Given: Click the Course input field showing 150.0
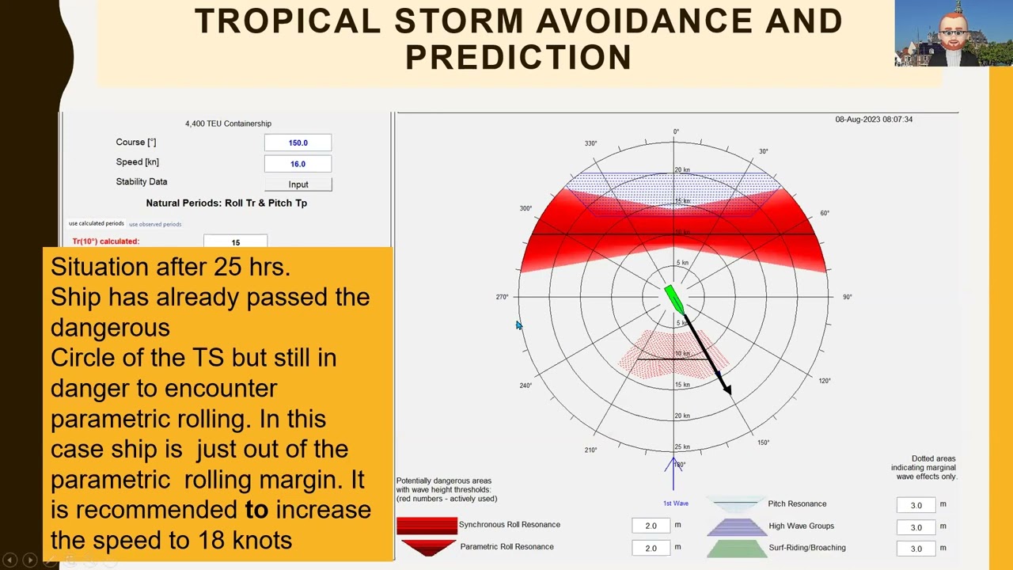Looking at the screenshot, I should click(298, 142).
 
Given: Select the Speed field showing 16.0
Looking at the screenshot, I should click(298, 164).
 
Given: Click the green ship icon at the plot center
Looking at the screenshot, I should click(674, 299).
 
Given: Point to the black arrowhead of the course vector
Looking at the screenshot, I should click(727, 389).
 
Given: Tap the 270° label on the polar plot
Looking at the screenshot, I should click(502, 297).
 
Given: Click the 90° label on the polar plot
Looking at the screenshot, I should click(847, 297).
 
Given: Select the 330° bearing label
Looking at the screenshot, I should click(590, 143).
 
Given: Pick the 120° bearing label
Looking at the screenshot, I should click(825, 381).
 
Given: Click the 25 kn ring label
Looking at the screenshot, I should click(681, 447).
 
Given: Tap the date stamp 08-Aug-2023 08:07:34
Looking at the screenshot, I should click(874, 120).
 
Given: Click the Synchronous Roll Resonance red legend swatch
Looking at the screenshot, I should click(427, 525).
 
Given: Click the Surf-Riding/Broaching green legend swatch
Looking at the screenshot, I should click(736, 548).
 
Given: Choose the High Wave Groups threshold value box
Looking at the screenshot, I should click(916, 526).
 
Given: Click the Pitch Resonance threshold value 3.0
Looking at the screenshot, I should click(916, 505).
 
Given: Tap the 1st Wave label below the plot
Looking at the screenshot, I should click(675, 503).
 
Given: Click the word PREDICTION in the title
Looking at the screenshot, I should click(518, 58).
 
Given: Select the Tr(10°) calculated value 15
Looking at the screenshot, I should click(235, 242).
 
